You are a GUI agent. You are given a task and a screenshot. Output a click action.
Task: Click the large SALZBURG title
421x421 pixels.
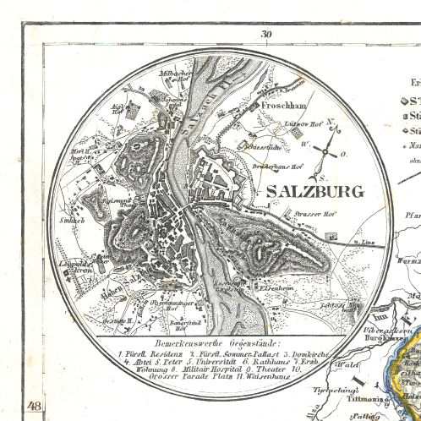pyautogui.click(x=314, y=190)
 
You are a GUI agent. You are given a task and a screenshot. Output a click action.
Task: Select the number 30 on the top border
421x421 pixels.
pyautogui.click(x=268, y=34)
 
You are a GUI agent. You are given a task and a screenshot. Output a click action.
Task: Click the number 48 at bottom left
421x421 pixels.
pyautogui.click(x=34, y=407)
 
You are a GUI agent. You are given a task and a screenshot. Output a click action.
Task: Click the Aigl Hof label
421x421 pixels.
pyautogui.click(x=118, y=110)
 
